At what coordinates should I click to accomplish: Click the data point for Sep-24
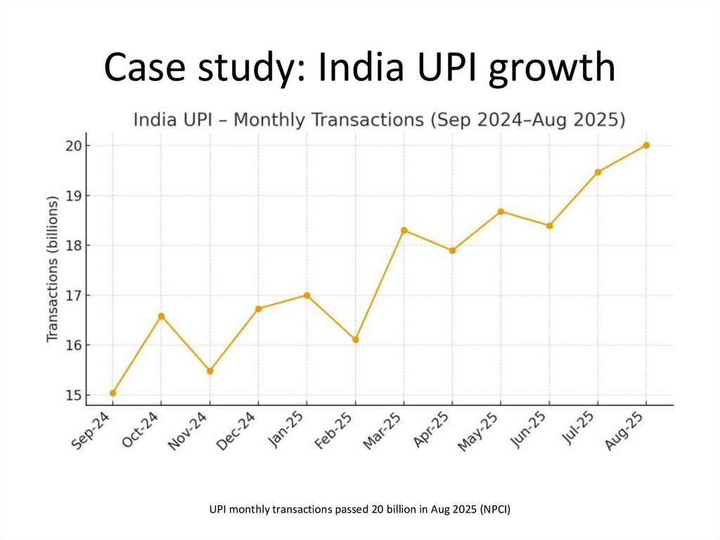pos(113,393)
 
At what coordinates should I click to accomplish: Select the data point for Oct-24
pos(162,316)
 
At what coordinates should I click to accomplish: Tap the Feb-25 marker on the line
pos(356,339)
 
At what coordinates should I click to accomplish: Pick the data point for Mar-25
pos(404,230)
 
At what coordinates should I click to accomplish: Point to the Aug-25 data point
pos(646,145)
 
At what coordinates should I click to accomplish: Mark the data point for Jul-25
pos(598,172)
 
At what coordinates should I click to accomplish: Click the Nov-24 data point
pos(210,371)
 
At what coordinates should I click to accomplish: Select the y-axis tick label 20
pos(75,146)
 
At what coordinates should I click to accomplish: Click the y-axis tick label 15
pos(75,395)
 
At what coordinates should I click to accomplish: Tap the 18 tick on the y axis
pos(75,246)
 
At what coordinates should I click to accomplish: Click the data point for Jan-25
pos(307,295)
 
